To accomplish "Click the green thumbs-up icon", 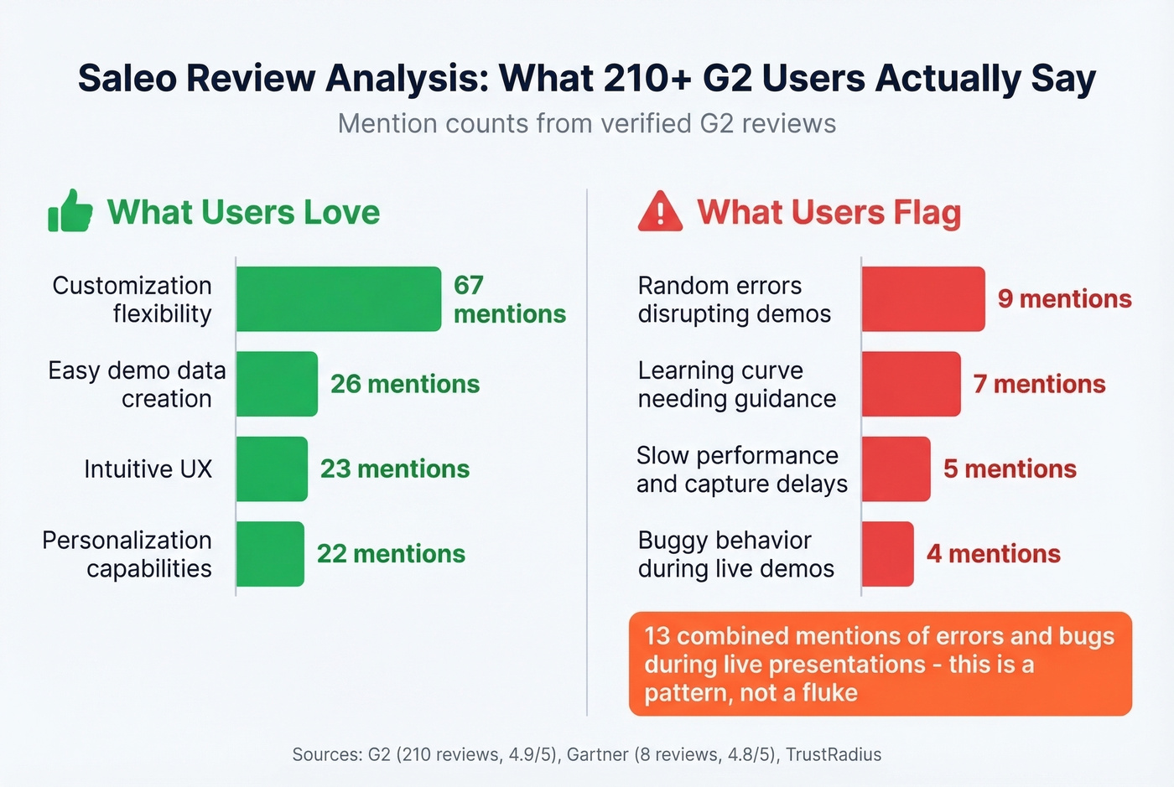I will point(70,211).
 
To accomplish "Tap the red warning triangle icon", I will point(660,211).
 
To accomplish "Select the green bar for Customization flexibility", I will point(338,299).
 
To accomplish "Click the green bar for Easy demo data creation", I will point(277,384).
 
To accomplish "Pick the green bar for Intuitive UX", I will point(272,469).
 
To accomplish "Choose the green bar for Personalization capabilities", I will point(270,553).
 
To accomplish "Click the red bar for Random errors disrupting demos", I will point(923,299).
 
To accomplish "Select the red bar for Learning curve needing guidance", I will point(912,384).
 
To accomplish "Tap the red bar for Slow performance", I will point(896,469).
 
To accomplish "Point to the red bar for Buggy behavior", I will point(888,553).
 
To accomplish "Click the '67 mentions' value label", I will point(509,299).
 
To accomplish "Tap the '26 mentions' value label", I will point(405,384).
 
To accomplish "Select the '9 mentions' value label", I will point(1064,299).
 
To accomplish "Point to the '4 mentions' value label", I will point(993,553).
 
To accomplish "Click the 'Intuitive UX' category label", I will point(148,469).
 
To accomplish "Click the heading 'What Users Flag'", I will point(829,212).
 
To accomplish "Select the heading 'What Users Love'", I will point(243,212).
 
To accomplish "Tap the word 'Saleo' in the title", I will point(127,78).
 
